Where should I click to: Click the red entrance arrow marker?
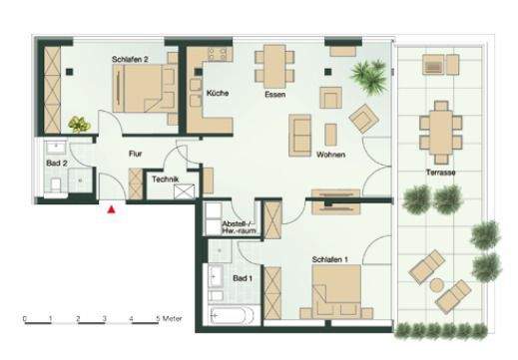112,208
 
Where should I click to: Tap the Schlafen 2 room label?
131,60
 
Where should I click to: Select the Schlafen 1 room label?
329,259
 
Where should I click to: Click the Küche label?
218,93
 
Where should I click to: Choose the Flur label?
138,154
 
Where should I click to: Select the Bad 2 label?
57,161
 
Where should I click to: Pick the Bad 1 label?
243,279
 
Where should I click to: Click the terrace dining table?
440,127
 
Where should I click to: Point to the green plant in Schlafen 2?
78,124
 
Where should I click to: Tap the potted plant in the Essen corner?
371,72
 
